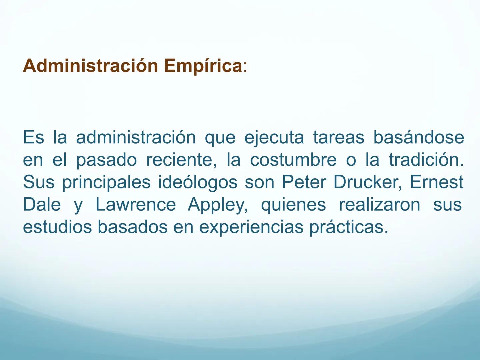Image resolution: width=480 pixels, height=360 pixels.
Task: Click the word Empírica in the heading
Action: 203,66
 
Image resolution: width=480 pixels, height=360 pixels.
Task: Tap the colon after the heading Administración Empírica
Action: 245,67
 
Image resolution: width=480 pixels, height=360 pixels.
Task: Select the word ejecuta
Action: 274,138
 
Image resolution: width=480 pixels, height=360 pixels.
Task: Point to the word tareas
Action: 338,138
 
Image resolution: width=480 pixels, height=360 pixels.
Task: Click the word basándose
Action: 418,138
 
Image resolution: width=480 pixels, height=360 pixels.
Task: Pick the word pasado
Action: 106,160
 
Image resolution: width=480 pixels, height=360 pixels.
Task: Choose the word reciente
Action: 179,160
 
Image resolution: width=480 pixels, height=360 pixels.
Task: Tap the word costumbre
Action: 293,160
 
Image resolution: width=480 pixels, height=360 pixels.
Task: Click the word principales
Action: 106,183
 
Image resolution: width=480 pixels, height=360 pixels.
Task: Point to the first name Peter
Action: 304,182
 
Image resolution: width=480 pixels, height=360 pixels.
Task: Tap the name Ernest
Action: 436,182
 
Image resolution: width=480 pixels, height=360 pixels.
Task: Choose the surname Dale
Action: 42,205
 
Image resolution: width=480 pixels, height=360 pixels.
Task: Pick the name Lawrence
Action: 136,205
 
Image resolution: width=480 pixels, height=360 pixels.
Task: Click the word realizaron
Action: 379,205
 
